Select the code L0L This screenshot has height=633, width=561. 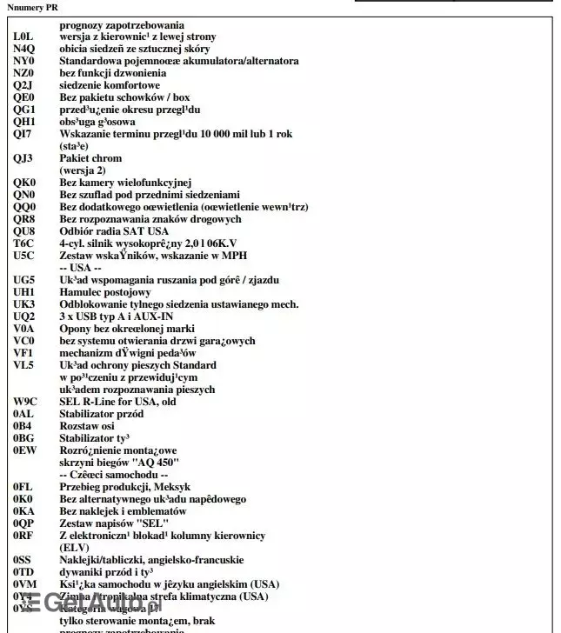[23, 37]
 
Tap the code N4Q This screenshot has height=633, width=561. [24, 50]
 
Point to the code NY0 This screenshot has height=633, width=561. [23, 62]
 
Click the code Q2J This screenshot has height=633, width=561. [23, 86]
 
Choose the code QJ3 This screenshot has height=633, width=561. [23, 159]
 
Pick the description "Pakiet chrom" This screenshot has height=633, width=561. [90, 159]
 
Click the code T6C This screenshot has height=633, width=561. [23, 243]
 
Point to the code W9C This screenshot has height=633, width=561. [25, 402]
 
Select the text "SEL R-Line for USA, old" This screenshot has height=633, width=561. [117, 402]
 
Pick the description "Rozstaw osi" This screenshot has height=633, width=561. [88, 426]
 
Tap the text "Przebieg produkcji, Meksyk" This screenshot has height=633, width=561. [125, 487]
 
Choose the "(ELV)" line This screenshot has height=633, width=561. [75, 548]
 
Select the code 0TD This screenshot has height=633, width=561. [23, 572]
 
